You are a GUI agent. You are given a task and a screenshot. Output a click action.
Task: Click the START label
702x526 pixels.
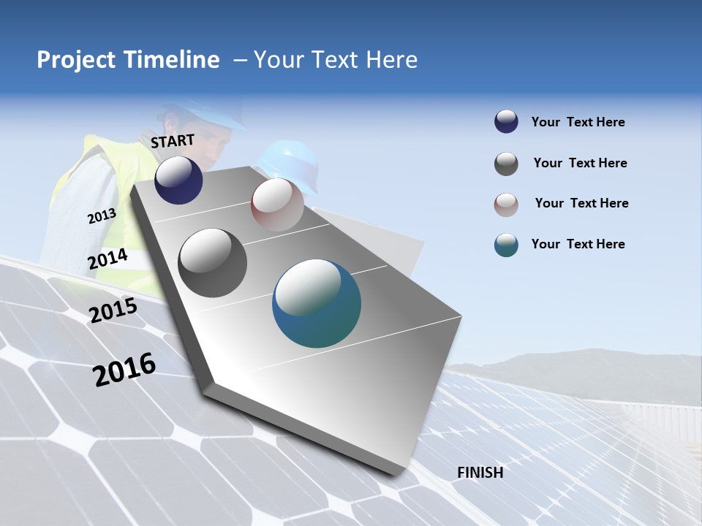point(173,140)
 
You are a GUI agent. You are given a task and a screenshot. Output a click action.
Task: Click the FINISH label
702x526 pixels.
point(480,473)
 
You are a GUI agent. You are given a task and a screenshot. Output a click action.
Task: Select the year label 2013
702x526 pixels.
point(102,216)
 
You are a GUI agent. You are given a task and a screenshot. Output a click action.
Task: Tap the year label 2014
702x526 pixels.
point(107,259)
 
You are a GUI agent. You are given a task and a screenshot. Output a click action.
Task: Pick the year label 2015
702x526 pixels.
point(113,310)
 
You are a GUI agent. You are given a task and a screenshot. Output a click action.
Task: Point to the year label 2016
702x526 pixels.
point(124,370)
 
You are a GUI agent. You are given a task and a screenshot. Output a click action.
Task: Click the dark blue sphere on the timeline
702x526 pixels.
point(178,180)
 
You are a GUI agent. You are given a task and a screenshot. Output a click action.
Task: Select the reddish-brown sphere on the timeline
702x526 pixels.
point(277,205)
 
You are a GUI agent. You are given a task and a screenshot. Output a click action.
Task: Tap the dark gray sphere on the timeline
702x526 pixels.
point(212,263)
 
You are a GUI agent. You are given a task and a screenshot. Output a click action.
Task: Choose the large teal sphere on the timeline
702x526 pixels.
point(317,303)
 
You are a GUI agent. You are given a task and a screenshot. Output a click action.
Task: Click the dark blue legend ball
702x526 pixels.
point(506,122)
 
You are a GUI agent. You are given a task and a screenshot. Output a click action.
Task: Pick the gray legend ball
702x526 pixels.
point(506,164)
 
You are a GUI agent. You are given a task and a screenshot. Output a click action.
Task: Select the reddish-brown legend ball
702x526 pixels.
point(506,205)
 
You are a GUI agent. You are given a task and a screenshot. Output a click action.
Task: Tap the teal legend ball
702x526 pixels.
point(506,245)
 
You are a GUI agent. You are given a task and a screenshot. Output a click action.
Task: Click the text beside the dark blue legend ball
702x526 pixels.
point(578,122)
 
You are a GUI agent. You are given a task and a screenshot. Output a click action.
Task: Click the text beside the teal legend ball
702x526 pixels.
point(578,244)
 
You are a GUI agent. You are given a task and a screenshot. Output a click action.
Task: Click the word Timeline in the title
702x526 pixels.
point(173,60)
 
